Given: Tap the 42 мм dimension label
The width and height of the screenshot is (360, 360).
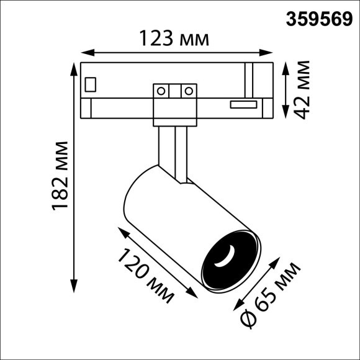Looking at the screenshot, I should pos(302,89).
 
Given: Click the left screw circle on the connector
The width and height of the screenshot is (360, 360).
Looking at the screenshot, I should pos(161,91).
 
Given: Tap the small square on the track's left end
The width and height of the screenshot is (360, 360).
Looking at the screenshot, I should pos(91,83).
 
